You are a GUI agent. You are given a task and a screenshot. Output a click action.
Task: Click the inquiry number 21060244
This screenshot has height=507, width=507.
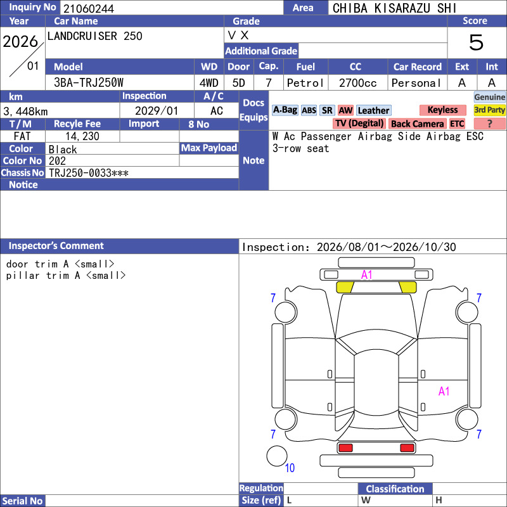(x=89, y=8)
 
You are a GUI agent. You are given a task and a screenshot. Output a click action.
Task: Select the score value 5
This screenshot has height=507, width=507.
(x=477, y=42)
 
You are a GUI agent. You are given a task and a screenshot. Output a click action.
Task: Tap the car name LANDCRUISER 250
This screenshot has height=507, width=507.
(x=94, y=36)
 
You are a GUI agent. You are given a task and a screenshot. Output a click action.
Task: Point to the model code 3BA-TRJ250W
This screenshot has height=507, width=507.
(x=89, y=83)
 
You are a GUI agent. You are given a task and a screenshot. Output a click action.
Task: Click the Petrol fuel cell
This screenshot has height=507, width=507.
(x=305, y=83)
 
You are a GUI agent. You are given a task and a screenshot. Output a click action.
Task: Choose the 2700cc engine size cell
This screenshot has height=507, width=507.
(x=357, y=83)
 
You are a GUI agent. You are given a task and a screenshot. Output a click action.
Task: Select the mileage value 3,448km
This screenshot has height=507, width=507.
(x=25, y=112)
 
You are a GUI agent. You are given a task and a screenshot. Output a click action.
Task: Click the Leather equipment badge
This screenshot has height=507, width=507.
(x=373, y=110)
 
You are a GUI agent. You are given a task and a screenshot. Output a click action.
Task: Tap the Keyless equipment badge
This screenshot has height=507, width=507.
(x=442, y=110)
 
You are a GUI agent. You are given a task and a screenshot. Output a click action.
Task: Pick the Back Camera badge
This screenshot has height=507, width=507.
(x=418, y=124)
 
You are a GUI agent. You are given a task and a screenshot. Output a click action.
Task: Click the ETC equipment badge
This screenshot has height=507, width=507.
(x=457, y=124)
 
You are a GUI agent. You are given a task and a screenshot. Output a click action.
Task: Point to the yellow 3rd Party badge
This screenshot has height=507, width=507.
(x=489, y=110)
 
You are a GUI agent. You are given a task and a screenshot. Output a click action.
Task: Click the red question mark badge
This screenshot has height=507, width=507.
(x=489, y=124)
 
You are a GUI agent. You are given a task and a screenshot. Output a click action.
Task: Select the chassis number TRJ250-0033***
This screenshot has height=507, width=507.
(x=89, y=173)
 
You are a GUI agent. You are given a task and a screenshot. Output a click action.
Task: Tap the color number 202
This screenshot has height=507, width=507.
(x=57, y=161)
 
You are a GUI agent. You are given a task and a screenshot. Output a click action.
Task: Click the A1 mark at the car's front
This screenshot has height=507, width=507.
(x=367, y=275)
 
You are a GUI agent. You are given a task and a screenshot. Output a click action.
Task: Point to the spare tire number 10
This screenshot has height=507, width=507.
(x=290, y=468)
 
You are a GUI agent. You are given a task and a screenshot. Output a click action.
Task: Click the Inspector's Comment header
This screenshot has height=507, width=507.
(x=56, y=246)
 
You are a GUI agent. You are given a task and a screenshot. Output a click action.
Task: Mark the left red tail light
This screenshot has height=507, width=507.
(x=345, y=448)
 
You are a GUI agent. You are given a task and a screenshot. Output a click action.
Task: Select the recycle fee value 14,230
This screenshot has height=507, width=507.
(x=82, y=136)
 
